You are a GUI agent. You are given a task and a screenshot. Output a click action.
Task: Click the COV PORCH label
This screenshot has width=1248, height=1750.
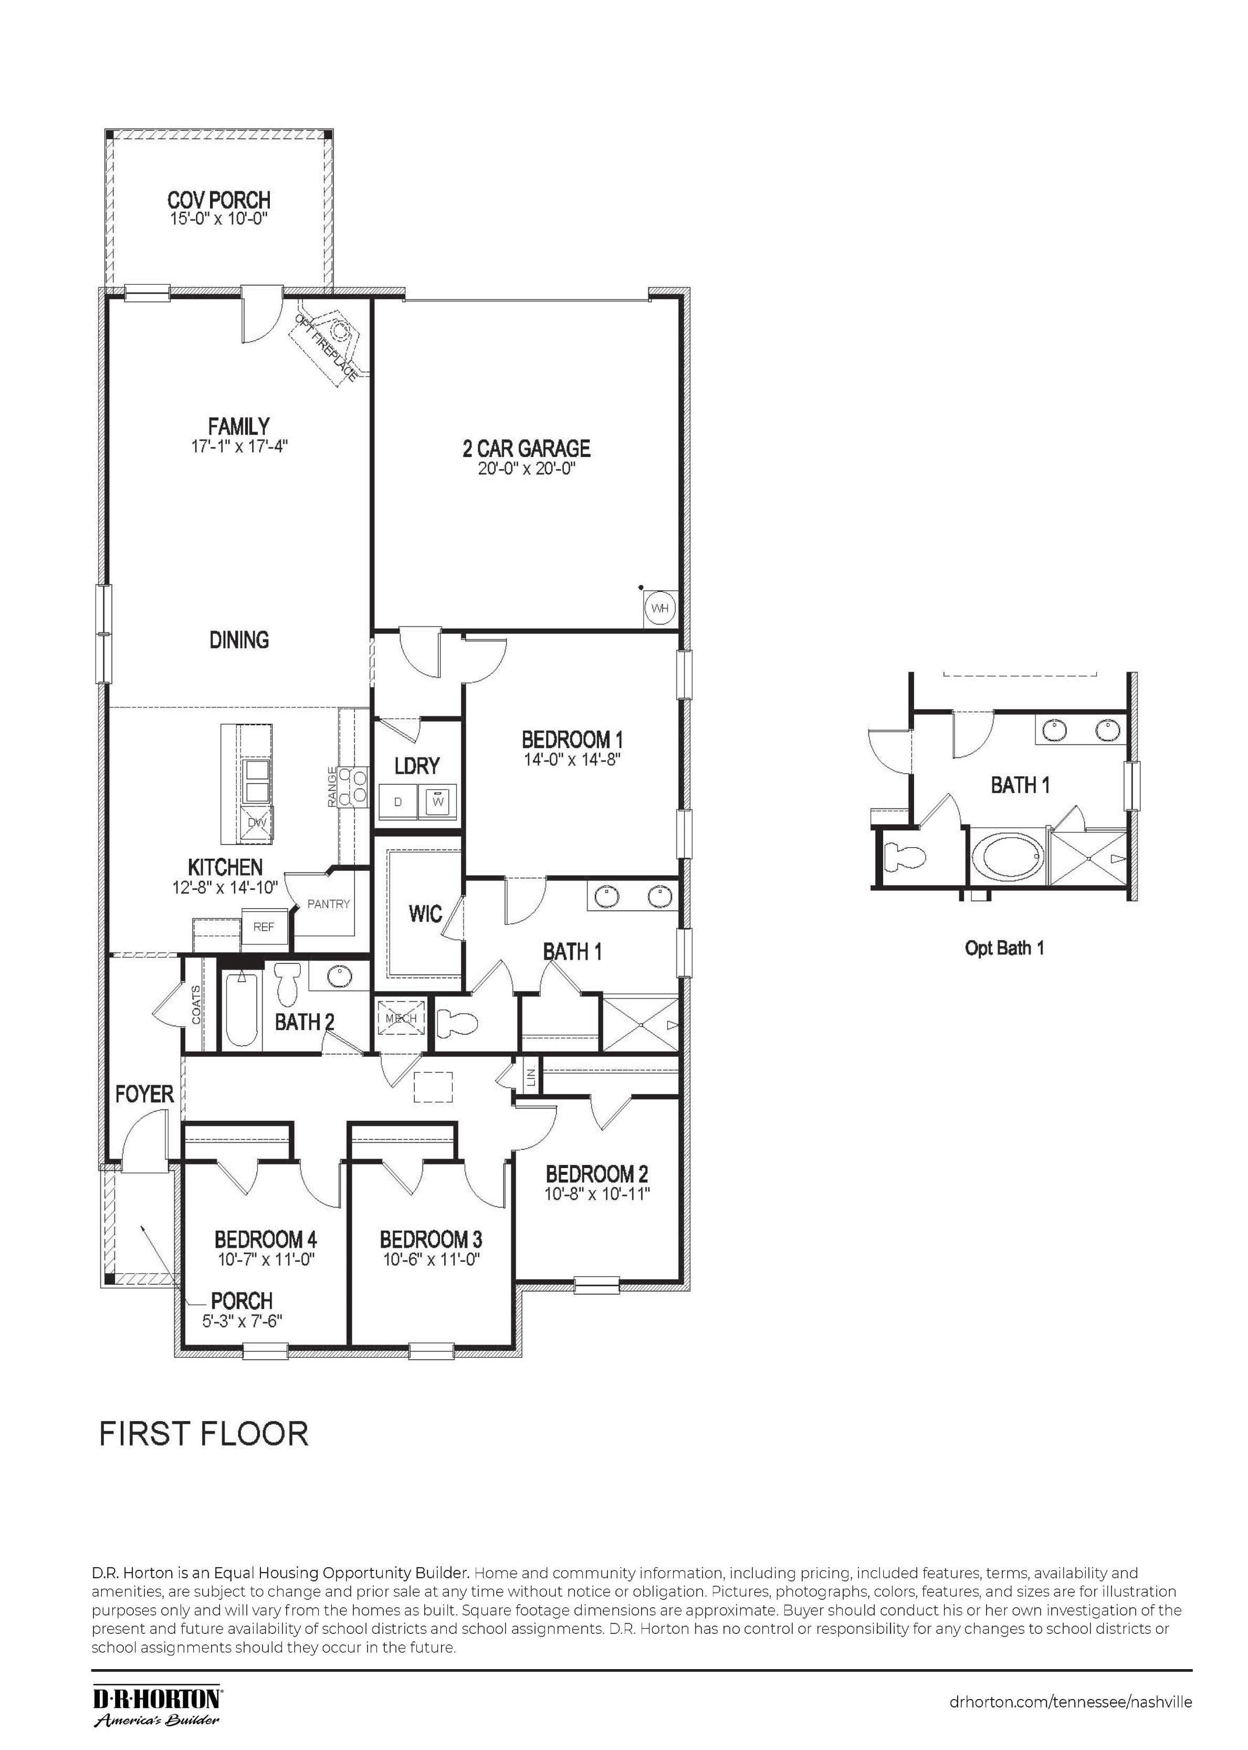coord(219,200)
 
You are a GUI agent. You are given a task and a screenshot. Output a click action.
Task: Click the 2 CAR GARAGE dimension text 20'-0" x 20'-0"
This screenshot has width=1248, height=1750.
coord(527,469)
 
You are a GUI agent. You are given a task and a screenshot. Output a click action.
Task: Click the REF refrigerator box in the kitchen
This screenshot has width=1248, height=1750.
coord(264,927)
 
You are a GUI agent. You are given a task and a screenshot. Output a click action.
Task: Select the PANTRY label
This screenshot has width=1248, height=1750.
coord(328,904)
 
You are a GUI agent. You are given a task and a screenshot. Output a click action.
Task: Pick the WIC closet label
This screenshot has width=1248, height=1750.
coord(425,913)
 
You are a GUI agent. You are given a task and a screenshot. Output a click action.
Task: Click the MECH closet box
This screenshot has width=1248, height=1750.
coord(401,1018)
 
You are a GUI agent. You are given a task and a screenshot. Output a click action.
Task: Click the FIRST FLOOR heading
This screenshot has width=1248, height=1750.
coord(204,1433)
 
